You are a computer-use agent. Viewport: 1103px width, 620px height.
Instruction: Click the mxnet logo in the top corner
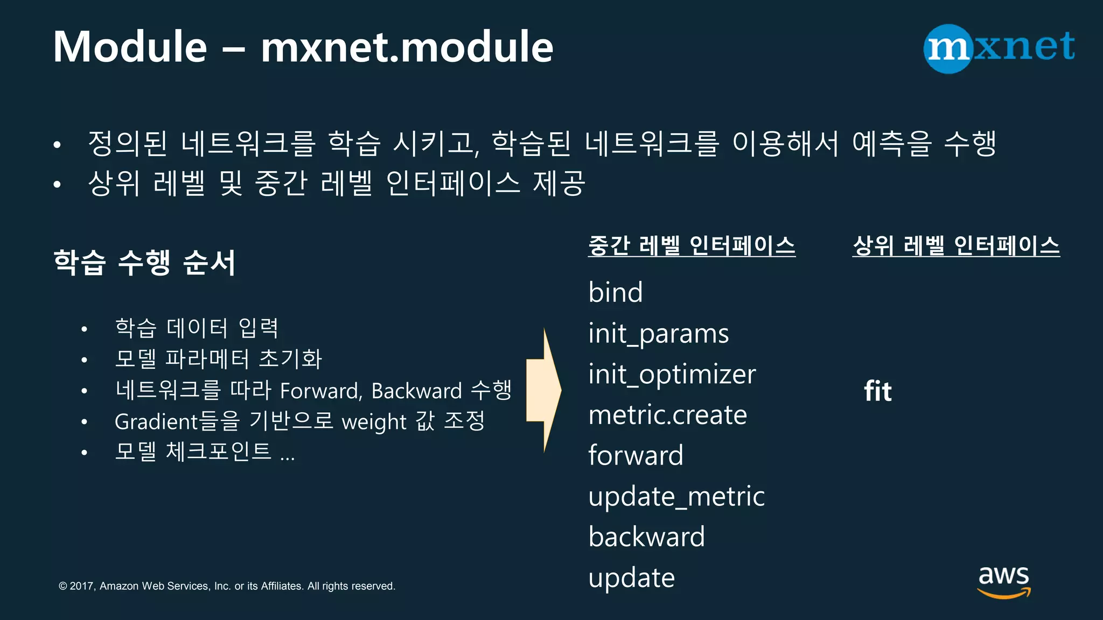click(x=999, y=48)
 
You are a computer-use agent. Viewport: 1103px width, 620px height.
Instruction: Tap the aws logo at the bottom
click(x=1004, y=581)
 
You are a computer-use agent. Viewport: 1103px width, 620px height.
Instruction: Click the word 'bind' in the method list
click(x=616, y=292)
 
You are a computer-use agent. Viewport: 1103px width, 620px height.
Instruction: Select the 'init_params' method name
click(x=658, y=334)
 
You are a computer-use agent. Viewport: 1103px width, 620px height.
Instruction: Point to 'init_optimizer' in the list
click(x=672, y=374)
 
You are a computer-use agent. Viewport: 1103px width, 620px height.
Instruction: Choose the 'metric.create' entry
click(x=667, y=415)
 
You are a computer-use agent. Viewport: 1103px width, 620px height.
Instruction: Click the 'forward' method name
click(x=636, y=455)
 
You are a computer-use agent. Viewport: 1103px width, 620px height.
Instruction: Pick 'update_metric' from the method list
click(x=676, y=496)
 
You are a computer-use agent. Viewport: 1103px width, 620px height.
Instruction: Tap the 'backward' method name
click(x=646, y=537)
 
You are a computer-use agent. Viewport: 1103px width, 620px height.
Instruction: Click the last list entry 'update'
click(x=631, y=578)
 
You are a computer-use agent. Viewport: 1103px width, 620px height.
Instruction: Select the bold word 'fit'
click(x=877, y=391)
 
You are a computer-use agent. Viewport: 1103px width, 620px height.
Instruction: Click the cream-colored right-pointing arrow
click(x=544, y=390)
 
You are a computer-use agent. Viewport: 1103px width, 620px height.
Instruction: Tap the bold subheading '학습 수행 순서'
click(x=144, y=263)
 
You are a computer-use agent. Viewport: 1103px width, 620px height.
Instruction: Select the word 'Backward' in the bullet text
click(x=417, y=391)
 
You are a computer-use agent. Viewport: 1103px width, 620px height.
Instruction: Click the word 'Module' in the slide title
click(x=130, y=47)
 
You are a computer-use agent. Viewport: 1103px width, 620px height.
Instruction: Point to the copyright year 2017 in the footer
click(x=82, y=586)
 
